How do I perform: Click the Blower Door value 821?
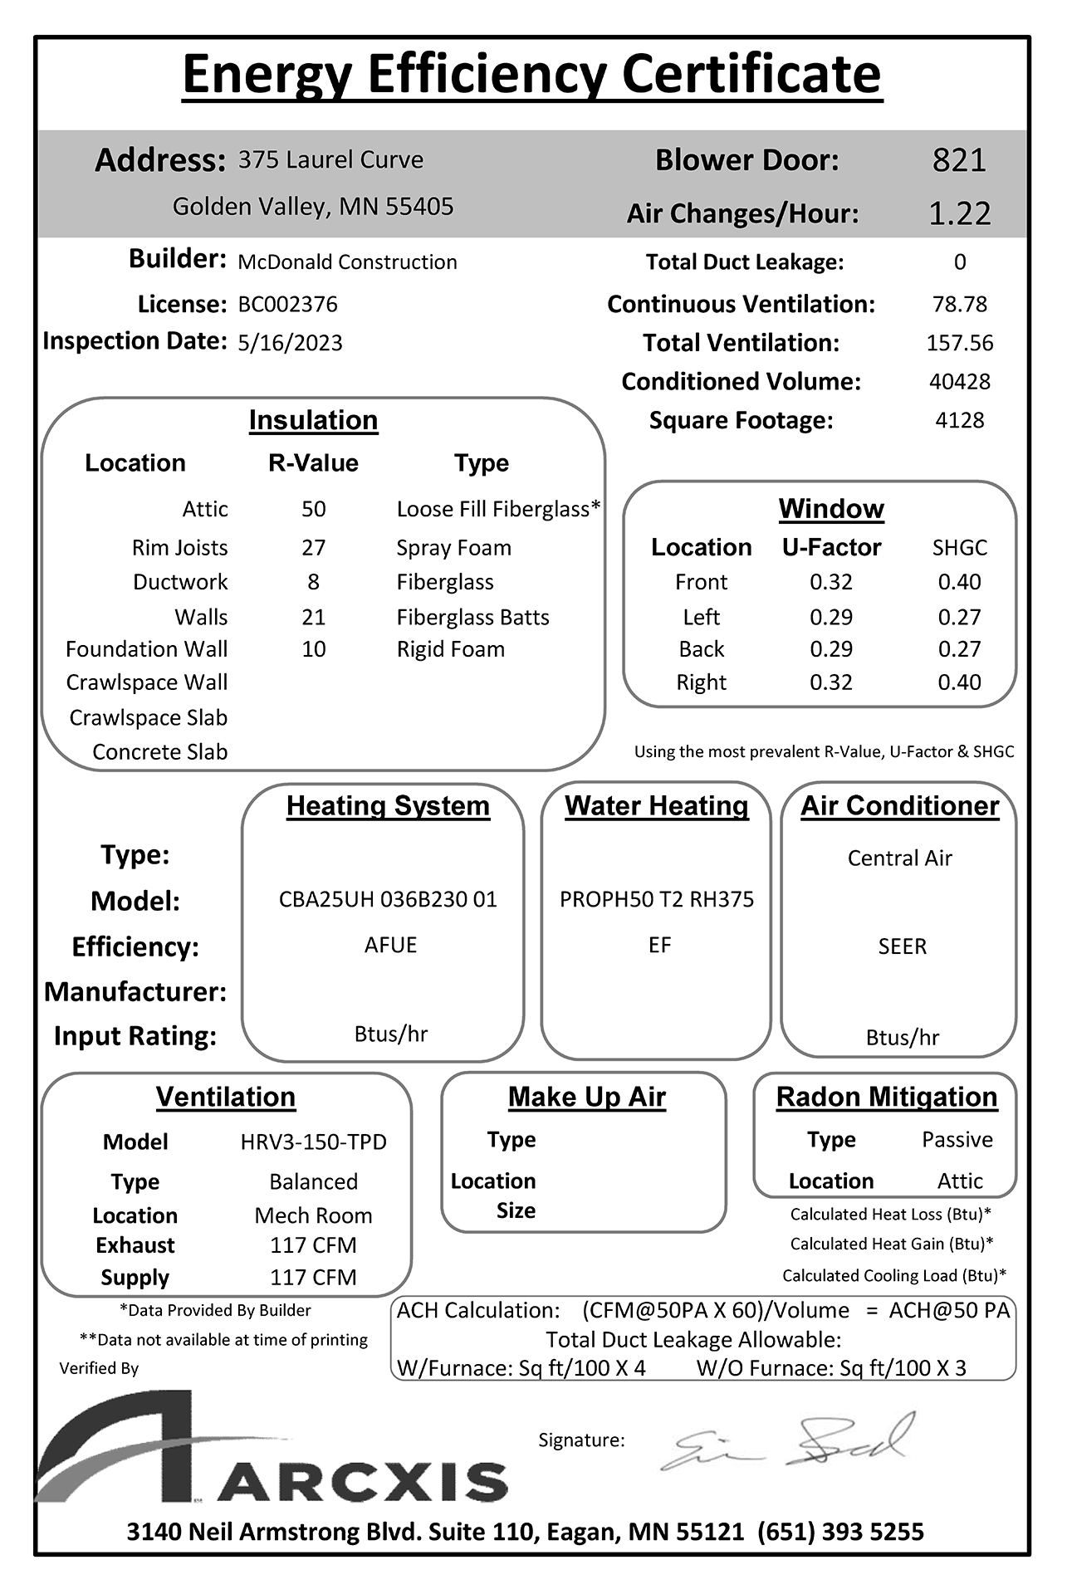coord(959,160)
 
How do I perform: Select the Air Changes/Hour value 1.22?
coord(959,214)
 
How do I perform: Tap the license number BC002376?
coord(287,305)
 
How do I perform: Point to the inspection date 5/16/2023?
coord(290,343)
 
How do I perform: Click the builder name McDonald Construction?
coord(347,262)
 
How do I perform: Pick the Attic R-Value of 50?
coord(313,509)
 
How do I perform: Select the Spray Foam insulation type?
coord(453,548)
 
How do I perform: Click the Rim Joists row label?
coord(179,548)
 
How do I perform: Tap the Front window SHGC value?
coord(959,582)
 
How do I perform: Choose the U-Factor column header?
coord(831,547)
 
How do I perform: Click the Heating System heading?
coord(388,806)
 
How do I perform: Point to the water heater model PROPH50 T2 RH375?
coord(657,899)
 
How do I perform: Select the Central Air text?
coord(899,858)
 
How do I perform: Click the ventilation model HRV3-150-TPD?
coord(313,1142)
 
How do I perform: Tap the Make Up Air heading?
coord(586,1098)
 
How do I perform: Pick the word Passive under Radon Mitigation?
coord(957,1140)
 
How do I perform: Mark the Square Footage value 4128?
coord(959,420)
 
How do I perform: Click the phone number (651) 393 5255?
coord(840,1532)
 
